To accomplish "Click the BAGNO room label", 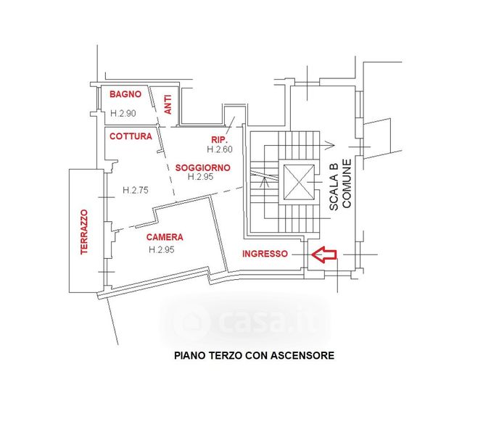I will coord(125,95).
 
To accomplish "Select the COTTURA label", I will coord(131,136).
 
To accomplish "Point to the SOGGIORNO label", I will coord(203,167).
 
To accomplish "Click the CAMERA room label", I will coord(165,237).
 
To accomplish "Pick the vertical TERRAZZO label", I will coord(84,231).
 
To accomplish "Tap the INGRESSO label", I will coord(265,254).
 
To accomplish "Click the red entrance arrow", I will coord(324,254).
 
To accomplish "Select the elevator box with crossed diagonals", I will coord(297,181).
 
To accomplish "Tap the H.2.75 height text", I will coord(136,190).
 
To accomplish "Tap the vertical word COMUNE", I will coord(347,183).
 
